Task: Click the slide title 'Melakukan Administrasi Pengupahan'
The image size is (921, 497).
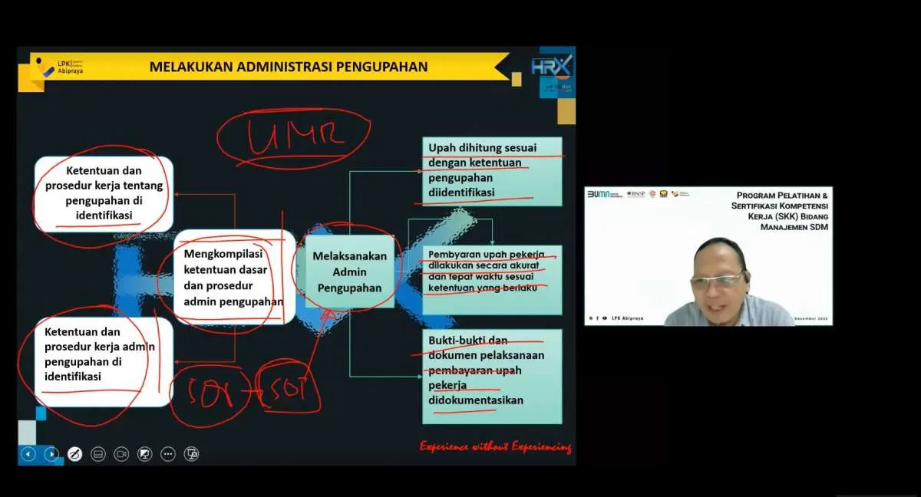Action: coord(288,67)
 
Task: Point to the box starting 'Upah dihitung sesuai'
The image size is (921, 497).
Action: coord(492,171)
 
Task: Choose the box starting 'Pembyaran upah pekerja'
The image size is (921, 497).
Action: coord(492,279)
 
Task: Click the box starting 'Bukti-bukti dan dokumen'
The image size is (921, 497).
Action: coord(492,376)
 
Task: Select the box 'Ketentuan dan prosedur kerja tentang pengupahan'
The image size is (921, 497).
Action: coord(104,193)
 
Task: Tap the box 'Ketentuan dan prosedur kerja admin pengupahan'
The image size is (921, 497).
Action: coord(104,365)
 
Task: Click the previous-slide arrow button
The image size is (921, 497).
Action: coord(28,454)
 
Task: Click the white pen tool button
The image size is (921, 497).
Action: coord(74,454)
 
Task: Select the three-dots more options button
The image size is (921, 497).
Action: coord(168,454)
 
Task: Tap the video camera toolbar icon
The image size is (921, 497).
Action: coord(121,454)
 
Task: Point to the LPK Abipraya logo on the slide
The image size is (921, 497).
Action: coord(58,67)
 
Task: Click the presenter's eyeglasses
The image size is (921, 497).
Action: coord(716,281)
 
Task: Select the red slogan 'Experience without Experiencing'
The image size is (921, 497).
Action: coord(495,446)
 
